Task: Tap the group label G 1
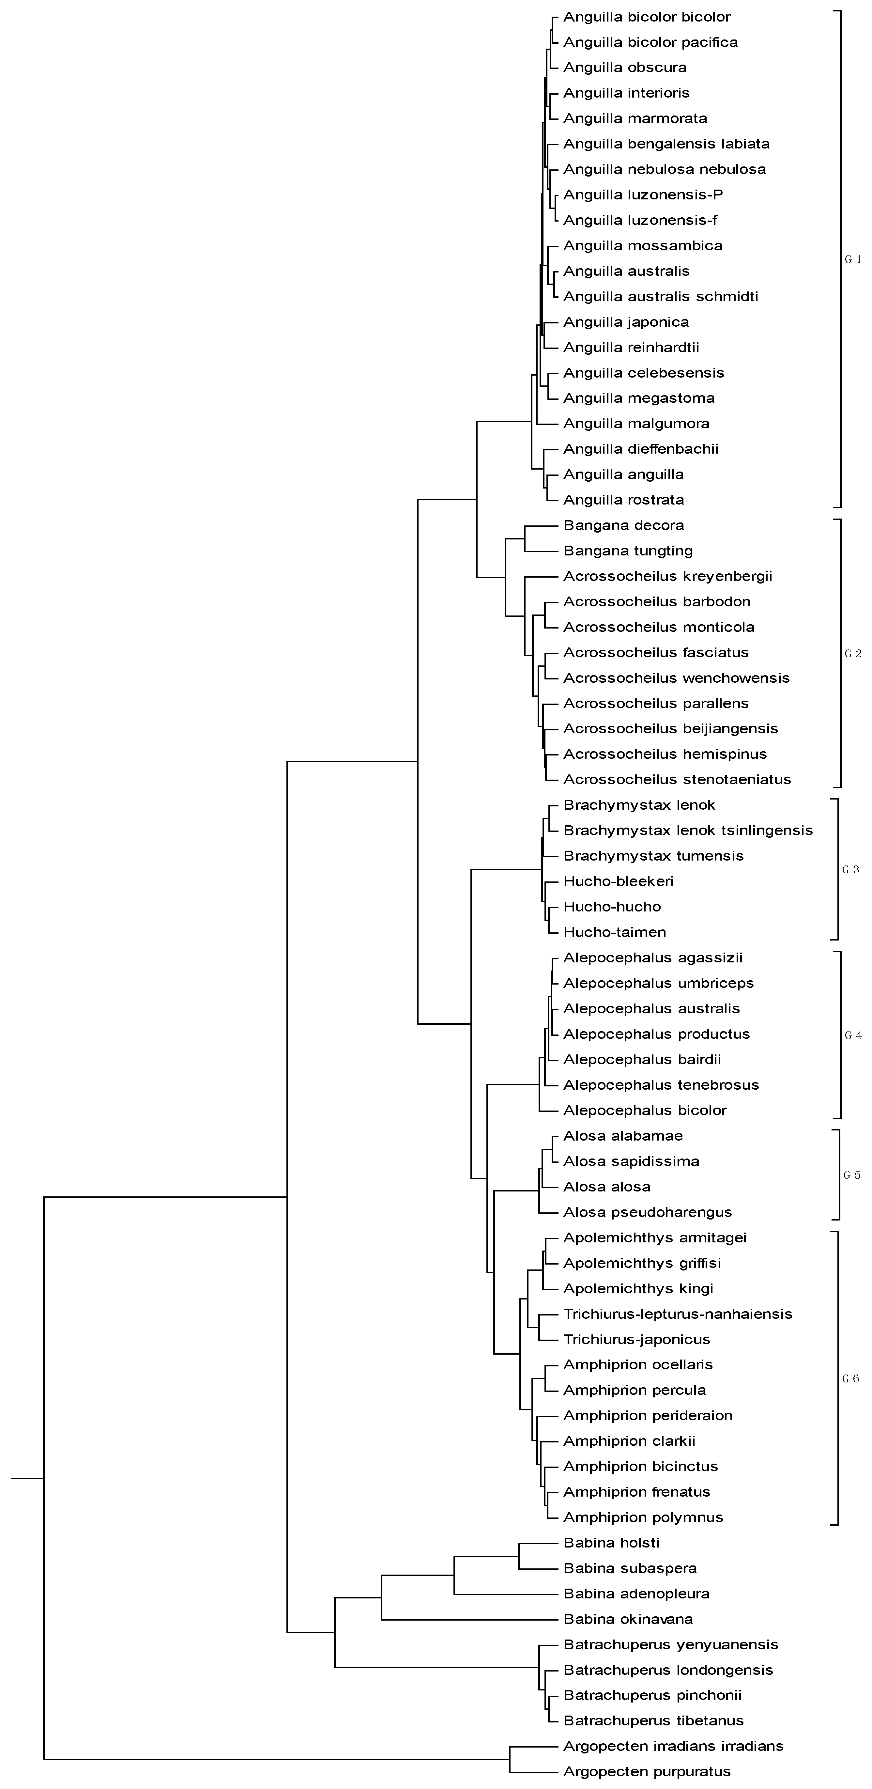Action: (x=852, y=260)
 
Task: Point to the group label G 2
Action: (x=852, y=654)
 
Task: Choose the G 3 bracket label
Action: (x=850, y=869)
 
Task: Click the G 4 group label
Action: (x=852, y=1035)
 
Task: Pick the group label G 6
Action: (x=850, y=1378)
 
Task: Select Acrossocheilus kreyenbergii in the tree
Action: (x=667, y=576)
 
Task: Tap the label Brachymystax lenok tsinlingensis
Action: (x=687, y=831)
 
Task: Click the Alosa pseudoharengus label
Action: (x=647, y=1213)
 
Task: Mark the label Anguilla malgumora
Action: (x=636, y=424)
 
